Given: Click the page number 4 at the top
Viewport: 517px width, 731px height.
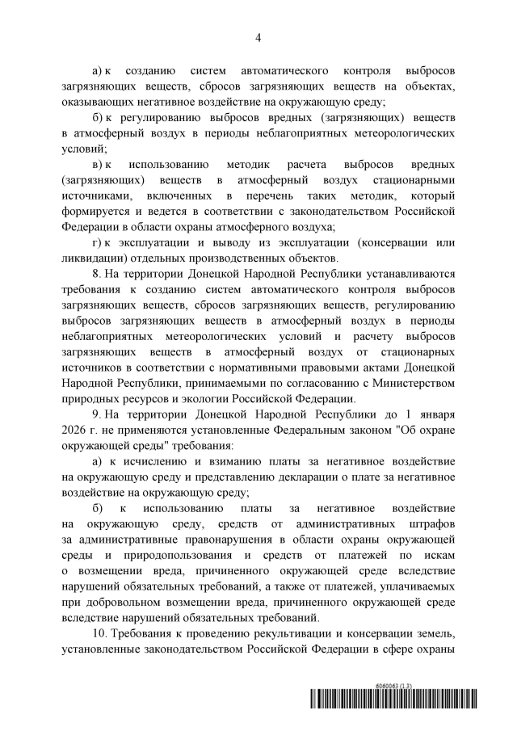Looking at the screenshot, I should pyautogui.click(x=258, y=37).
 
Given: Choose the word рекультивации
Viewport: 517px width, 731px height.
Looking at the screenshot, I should pyautogui.click(x=300, y=653).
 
